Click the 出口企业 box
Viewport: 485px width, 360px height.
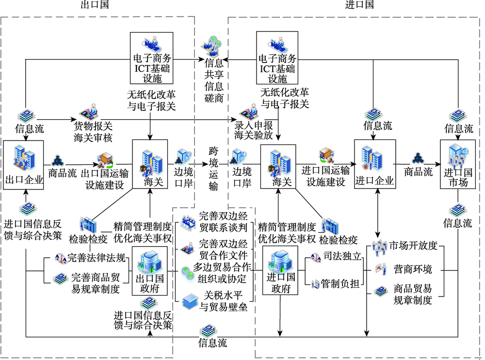coord(23,165)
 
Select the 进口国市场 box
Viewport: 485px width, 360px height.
coord(458,164)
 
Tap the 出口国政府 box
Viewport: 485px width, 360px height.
coord(150,271)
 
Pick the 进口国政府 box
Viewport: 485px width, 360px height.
coord(280,270)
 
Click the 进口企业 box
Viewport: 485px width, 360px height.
coord(375,164)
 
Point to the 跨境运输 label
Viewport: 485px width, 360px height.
coord(213,169)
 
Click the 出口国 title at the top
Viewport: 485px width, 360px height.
coord(95,5)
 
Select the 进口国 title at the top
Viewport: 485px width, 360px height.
coord(359,5)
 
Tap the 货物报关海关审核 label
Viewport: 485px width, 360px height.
coord(93,132)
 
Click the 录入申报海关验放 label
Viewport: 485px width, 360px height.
coord(254,130)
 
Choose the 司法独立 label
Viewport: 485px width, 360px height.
coord(342,256)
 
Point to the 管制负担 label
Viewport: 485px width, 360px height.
coord(340,283)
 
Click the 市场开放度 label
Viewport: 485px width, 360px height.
coord(413,245)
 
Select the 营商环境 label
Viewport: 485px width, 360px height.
coord(413,269)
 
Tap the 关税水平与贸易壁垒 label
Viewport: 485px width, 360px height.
coord(223,301)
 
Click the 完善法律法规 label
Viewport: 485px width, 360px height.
coord(96,257)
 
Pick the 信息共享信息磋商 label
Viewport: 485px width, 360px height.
coord(214,80)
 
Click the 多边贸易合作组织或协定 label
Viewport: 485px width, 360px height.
coord(222,273)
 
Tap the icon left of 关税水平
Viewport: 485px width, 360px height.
coord(190,301)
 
